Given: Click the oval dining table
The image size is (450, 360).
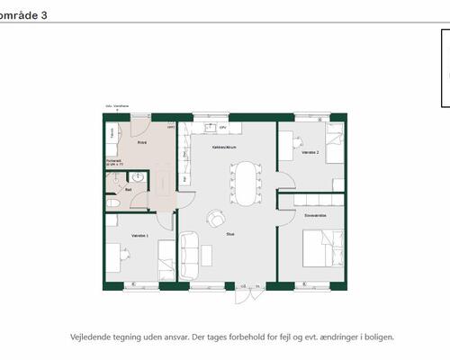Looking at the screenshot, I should [x=246, y=184].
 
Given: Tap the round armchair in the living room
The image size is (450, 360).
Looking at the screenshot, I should [x=216, y=218].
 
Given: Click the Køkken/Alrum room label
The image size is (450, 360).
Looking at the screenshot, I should [x=223, y=146].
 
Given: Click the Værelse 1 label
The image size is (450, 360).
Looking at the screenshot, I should [x=139, y=236].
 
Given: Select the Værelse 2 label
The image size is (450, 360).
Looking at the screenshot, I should [x=310, y=153].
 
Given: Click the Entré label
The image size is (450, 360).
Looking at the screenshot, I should [x=142, y=142].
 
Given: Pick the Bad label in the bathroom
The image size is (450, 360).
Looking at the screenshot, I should [x=129, y=190].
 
